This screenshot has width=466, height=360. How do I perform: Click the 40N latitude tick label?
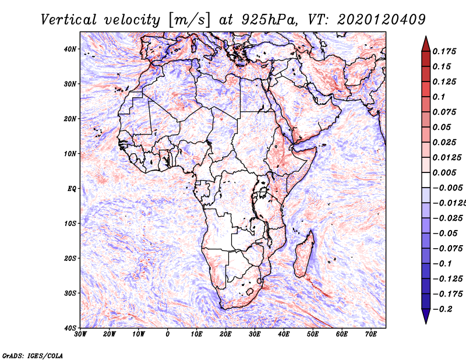[70, 49]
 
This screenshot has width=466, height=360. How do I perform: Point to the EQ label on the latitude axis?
[72, 189]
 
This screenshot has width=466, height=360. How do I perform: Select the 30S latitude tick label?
[70, 293]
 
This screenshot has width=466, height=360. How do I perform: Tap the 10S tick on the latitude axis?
[70, 223]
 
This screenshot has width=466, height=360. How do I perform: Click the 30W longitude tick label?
[80, 334]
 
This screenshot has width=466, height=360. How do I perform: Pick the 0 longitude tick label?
[168, 334]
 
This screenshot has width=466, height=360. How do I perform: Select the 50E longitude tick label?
[313, 334]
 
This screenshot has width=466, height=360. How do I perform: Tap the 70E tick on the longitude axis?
[371, 334]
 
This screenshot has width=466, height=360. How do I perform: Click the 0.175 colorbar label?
[444, 51]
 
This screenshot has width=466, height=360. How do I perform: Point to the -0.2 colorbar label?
[443, 309]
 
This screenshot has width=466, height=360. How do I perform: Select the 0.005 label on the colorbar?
[444, 172]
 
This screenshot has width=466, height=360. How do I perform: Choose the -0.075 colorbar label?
[448, 249]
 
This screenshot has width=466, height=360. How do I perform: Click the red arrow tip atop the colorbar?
[426, 37]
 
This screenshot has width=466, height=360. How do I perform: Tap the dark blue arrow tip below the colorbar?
[426, 323]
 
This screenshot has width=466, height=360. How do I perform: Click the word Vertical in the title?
[69, 20]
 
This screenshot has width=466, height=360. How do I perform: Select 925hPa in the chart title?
[269, 20]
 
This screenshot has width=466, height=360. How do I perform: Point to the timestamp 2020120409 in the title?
[382, 20]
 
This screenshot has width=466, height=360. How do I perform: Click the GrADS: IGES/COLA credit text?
[33, 356]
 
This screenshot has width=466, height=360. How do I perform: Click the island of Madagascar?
[304, 254]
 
